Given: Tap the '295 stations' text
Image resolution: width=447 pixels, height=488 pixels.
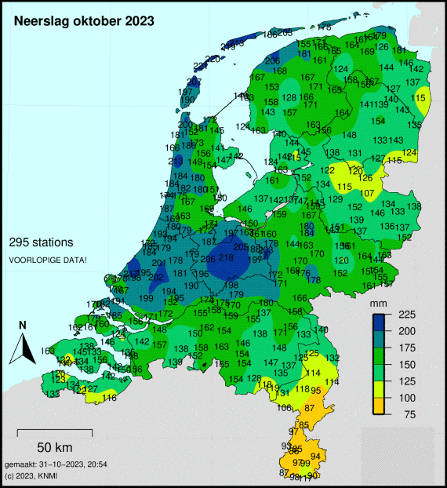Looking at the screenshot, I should tap(41, 242).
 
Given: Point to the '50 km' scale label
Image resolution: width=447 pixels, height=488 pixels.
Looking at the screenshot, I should tap(54, 448).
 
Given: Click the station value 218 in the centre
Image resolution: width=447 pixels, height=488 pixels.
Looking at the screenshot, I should tap(226, 258).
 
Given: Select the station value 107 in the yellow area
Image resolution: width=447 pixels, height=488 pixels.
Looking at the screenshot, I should tap(368, 192).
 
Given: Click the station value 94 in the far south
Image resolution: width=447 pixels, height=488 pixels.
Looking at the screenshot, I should tap(315, 456).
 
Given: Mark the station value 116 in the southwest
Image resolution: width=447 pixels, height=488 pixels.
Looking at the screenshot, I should tap(109, 399).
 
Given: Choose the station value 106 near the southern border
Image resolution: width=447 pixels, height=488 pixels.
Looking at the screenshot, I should tap(284, 407).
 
